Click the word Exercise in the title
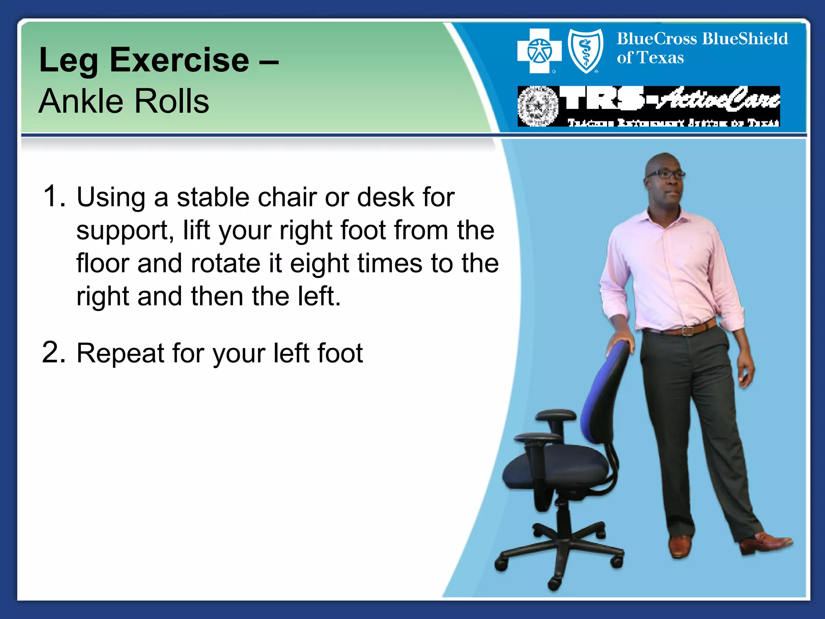point(179,60)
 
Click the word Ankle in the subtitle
point(80,102)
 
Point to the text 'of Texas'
point(650,58)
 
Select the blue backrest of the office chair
point(604,395)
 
